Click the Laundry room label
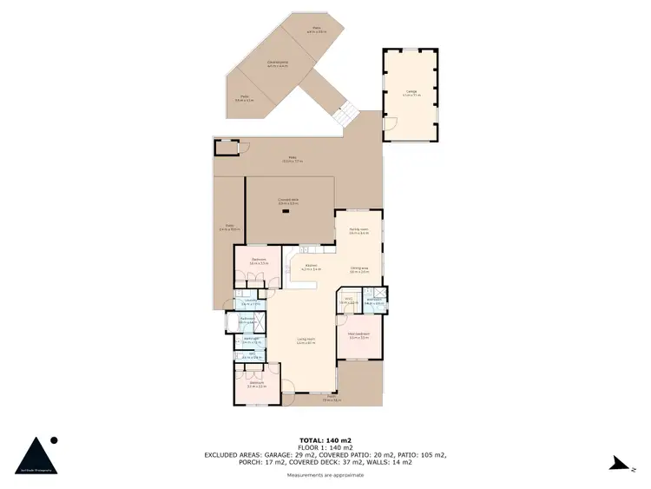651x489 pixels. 249,301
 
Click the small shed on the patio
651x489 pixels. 226,149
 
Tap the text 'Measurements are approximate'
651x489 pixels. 325,475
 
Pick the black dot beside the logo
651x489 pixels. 54,439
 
